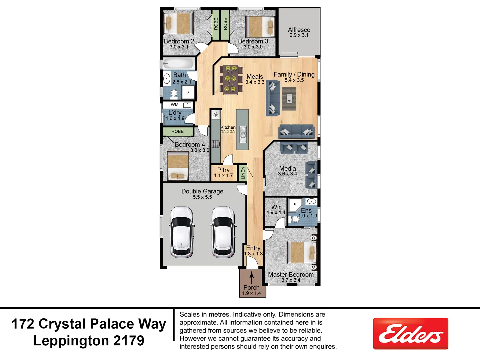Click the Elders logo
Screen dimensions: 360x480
click(x=410, y=334)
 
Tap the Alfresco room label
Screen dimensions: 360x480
click(x=299, y=30)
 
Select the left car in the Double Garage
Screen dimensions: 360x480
click(x=182, y=232)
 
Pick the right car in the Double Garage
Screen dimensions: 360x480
click(x=223, y=232)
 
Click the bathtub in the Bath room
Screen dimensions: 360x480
click(x=179, y=64)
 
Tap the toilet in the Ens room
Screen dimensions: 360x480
click(x=295, y=219)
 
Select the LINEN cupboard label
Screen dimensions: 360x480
click(x=243, y=173)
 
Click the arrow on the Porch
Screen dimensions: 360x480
click(x=252, y=277)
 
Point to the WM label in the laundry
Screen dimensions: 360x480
click(x=175, y=105)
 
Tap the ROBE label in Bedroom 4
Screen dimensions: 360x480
click(x=178, y=132)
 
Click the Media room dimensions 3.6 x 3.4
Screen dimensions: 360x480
click(x=287, y=174)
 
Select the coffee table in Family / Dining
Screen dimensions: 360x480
click(x=289, y=99)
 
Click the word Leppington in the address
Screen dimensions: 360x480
click(x=71, y=341)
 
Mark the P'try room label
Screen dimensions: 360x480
click(x=223, y=170)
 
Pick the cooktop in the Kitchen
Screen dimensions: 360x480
click(x=216, y=144)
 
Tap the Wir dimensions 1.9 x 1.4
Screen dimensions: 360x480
click(x=276, y=212)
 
